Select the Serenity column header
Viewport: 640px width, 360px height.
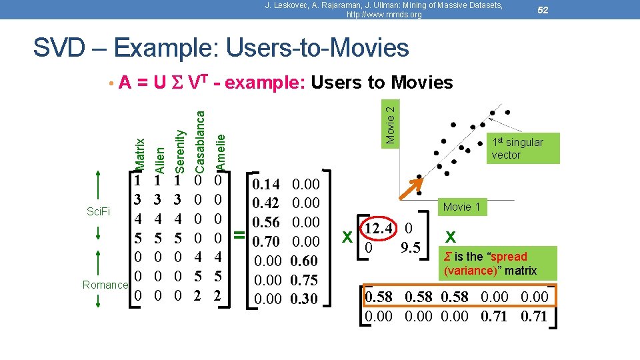tap(179, 149)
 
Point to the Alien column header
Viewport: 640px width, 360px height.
tap(158, 156)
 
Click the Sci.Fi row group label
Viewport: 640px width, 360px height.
tap(98, 212)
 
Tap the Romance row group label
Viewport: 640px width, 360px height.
tap(105, 285)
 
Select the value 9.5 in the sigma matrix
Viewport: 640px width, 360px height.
tap(411, 248)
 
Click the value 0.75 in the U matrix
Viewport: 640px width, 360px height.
tap(305, 280)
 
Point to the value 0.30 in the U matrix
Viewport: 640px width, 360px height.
tap(305, 299)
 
